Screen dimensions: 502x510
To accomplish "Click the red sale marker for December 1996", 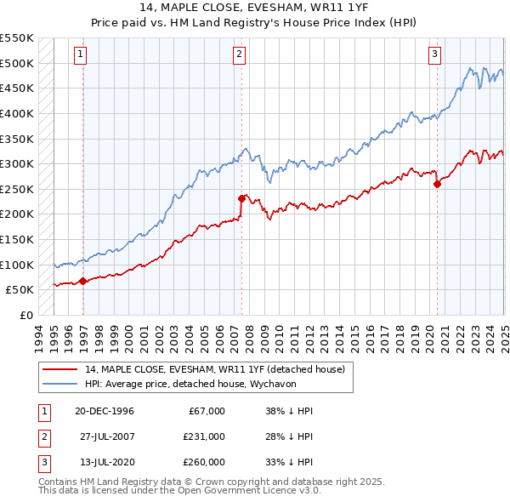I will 82,280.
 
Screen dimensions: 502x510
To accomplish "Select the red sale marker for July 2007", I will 241,198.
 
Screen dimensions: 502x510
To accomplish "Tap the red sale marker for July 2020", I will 437,183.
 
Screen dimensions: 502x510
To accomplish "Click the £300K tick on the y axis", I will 17,163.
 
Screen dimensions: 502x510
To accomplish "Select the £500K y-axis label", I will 17,63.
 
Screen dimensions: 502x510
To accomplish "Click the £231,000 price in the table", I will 204,436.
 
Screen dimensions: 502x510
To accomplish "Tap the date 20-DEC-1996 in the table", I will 105,411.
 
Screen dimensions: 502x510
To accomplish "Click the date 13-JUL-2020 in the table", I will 104,462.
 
